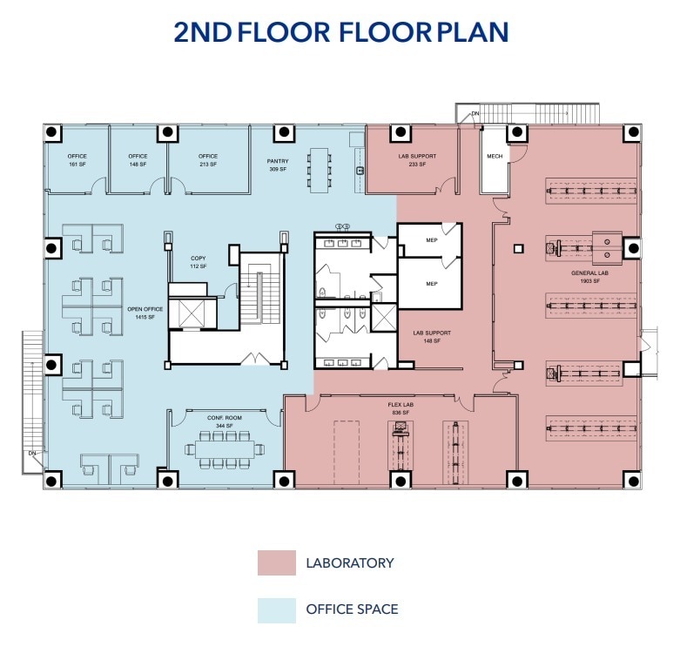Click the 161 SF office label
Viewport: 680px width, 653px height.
tap(77, 160)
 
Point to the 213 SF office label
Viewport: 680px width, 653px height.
tap(207, 160)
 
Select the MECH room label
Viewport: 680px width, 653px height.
tap(495, 157)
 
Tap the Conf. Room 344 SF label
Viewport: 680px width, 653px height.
tap(224, 422)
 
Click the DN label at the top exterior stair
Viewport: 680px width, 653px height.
tap(475, 114)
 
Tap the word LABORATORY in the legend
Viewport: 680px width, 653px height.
tap(349, 562)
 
